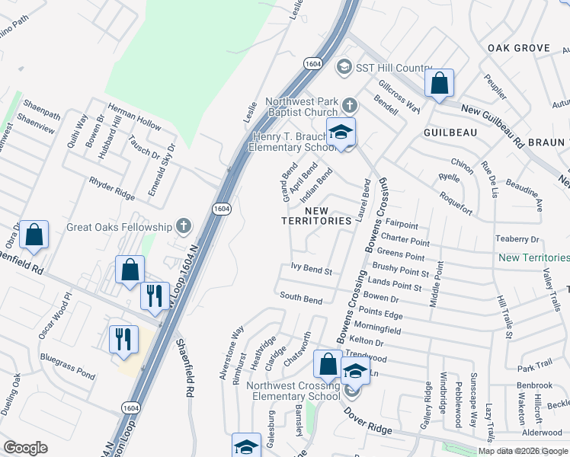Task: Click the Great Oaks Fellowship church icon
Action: point(182,225)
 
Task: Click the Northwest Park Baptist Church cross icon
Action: point(349,104)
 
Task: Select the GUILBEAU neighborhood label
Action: point(452,132)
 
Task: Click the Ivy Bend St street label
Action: point(312,270)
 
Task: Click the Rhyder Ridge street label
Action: point(111,183)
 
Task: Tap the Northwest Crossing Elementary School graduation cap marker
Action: point(356,371)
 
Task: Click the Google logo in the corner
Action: point(25,448)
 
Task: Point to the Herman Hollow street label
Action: point(134,115)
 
